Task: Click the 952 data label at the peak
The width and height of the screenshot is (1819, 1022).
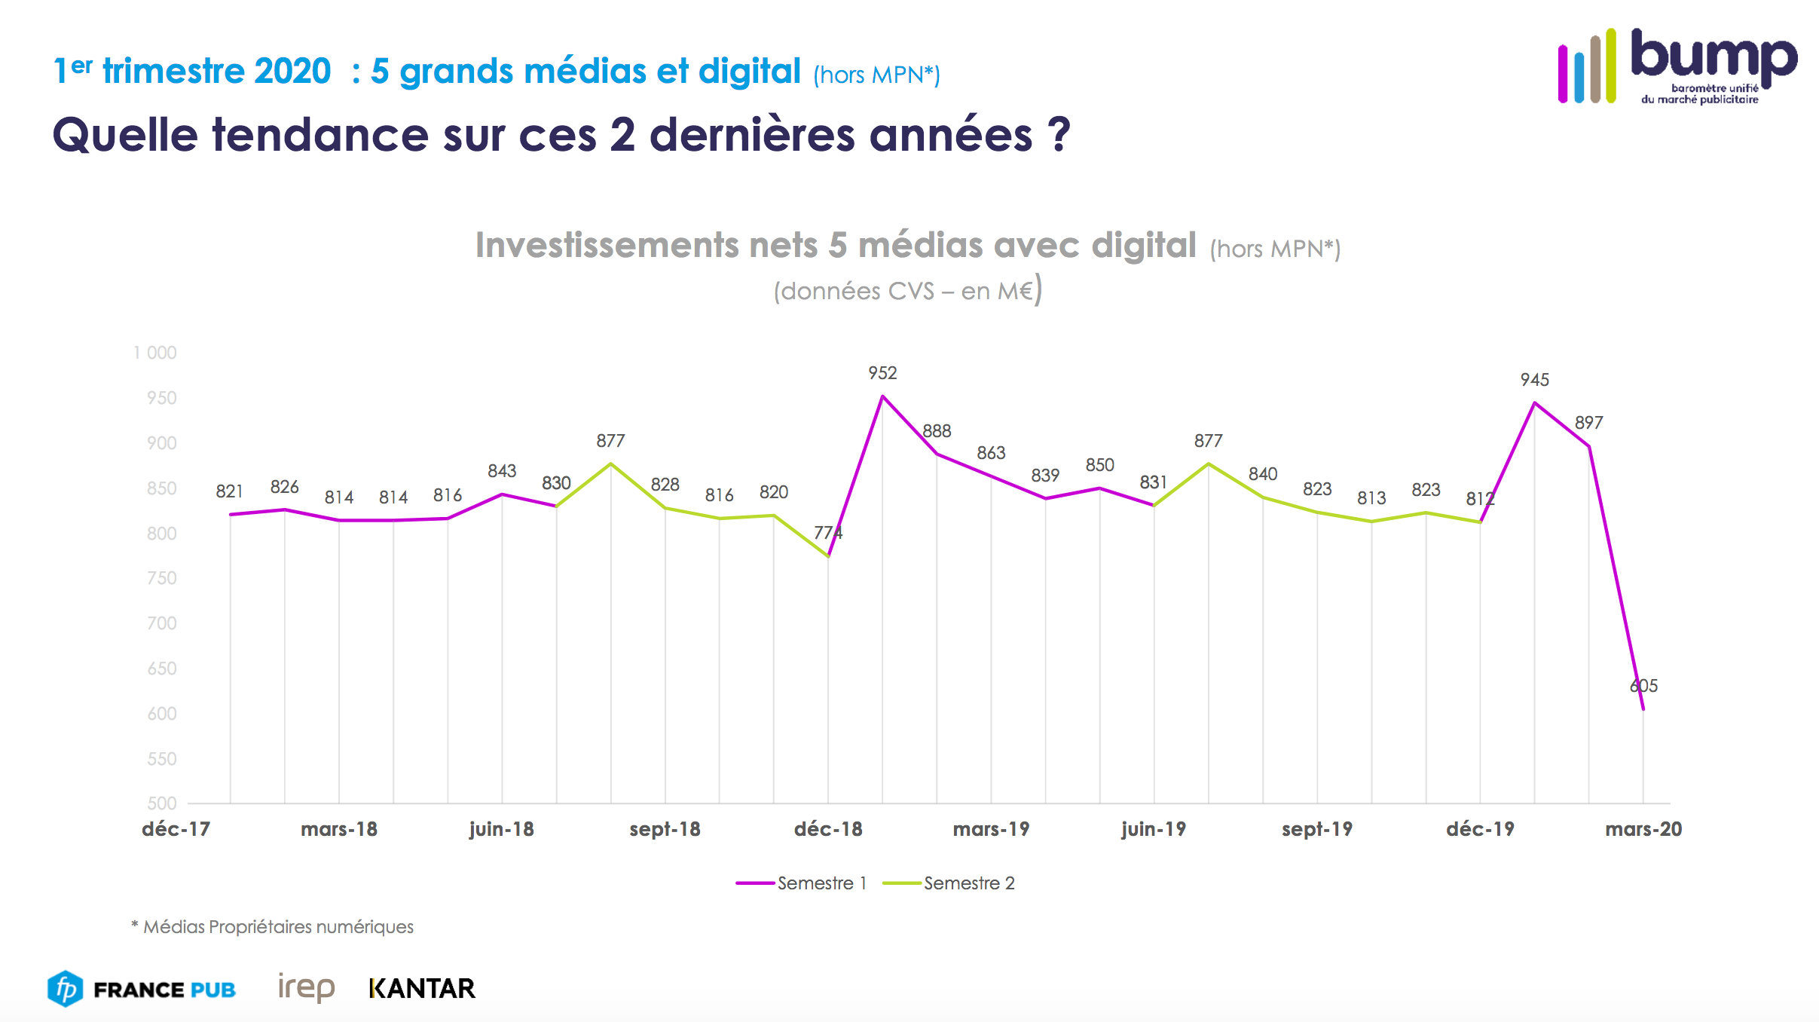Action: point(882,373)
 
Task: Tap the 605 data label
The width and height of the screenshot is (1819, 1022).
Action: point(1643,686)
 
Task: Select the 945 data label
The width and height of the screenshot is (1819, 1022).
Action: point(1534,380)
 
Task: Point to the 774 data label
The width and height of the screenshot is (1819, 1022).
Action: point(828,533)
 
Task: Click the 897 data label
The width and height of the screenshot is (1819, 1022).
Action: point(1588,423)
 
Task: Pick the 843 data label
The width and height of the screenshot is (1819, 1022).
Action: point(502,471)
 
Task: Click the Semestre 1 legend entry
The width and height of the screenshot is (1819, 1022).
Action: point(802,883)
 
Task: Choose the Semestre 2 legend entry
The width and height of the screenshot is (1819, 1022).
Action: point(949,883)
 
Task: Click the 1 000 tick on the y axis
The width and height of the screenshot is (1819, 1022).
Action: point(155,353)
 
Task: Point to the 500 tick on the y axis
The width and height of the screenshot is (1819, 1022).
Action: point(162,803)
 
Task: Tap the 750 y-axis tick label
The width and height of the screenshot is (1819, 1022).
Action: point(162,578)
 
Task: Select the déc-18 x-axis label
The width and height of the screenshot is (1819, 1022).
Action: point(828,830)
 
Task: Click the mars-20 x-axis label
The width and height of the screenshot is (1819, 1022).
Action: point(1643,830)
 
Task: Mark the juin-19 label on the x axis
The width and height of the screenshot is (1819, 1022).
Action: point(1154,830)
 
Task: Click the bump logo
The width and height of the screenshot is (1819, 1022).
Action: point(1677,66)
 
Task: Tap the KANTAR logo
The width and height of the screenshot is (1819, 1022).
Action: point(422,988)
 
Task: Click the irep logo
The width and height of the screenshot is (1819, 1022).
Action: point(306,987)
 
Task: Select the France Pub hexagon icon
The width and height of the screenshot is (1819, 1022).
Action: point(66,988)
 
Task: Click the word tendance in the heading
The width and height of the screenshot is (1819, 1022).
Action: point(320,136)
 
